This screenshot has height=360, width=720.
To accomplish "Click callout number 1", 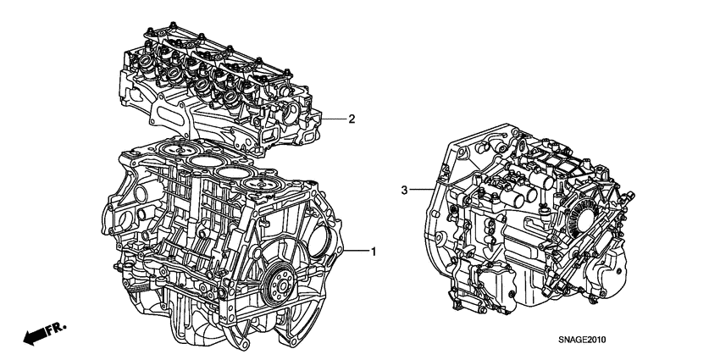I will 373,251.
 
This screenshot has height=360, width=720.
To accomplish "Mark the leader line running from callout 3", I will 424,191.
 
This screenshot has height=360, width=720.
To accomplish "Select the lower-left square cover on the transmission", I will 490,284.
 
